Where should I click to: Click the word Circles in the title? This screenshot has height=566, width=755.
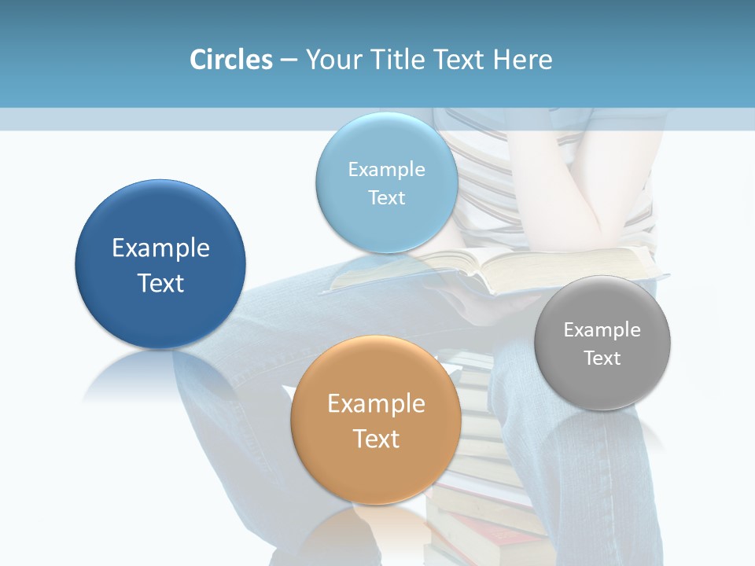(x=231, y=60)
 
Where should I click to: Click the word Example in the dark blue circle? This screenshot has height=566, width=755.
(x=160, y=248)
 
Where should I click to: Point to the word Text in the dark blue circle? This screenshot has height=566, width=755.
(x=160, y=283)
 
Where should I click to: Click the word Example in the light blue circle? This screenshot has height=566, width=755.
(x=386, y=170)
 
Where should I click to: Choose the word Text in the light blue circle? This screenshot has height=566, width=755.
(x=386, y=197)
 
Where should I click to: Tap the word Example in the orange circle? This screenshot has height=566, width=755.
(x=376, y=404)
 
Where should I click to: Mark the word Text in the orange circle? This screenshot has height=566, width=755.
(x=376, y=439)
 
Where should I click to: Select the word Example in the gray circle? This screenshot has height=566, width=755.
(x=602, y=330)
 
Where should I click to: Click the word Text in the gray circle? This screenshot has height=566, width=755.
(x=602, y=358)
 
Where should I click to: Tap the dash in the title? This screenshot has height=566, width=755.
(x=289, y=61)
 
